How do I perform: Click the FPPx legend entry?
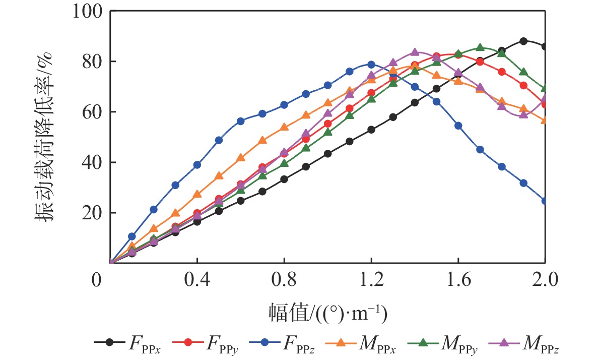[x=126, y=342]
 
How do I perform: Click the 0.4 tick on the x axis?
[x=197, y=279]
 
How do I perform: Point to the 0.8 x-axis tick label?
[x=284, y=279]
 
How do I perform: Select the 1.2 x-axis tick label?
[x=371, y=279]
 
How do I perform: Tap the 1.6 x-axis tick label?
[x=458, y=279]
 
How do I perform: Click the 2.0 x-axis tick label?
[x=545, y=279]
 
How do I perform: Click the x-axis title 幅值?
[x=327, y=314]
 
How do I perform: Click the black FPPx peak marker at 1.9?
[x=523, y=41]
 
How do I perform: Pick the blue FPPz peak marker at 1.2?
[x=371, y=65]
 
